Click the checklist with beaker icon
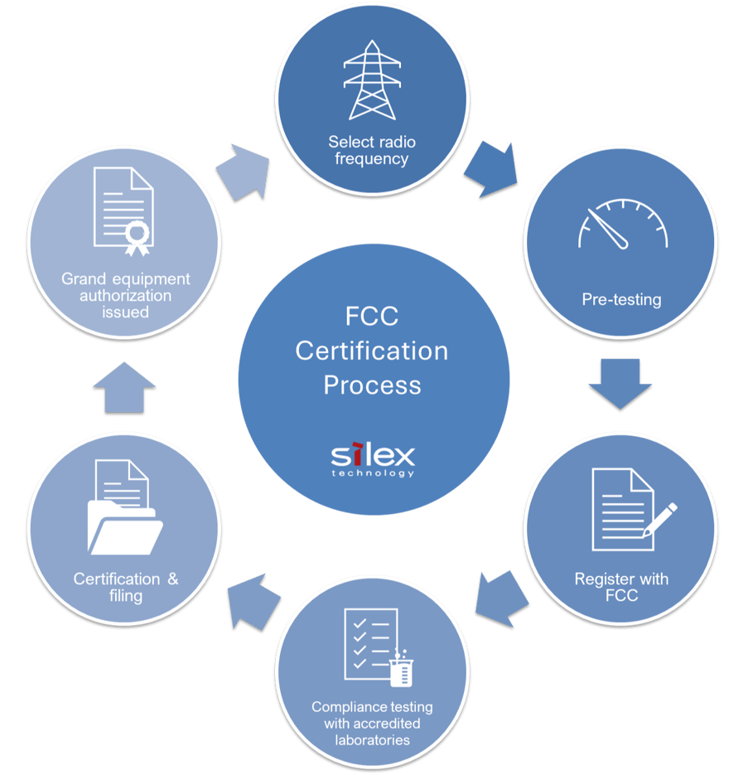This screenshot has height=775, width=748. point(376,649)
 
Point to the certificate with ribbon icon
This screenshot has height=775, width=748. point(124,211)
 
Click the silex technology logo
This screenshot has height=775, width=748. point(373,460)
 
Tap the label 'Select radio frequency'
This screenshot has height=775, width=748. point(372,150)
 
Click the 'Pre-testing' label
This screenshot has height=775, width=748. point(621,299)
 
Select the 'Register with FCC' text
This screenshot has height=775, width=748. point(621,586)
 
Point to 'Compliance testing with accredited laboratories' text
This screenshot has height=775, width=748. point(372,723)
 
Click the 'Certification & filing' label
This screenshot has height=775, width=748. point(126,587)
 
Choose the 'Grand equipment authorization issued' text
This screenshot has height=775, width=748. point(126,295)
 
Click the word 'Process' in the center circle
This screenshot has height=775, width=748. point(372,385)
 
